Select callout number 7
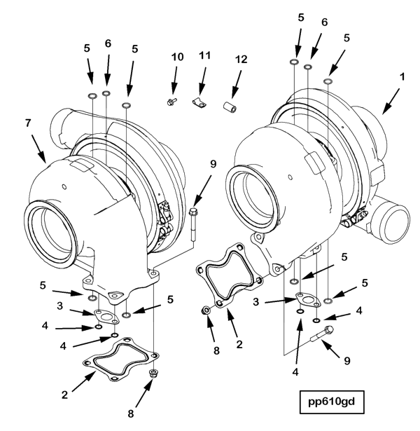[x=28, y=123]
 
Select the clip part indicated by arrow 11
[x=199, y=104]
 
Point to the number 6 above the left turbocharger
[x=107, y=43]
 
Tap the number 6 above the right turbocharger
[x=323, y=22]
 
